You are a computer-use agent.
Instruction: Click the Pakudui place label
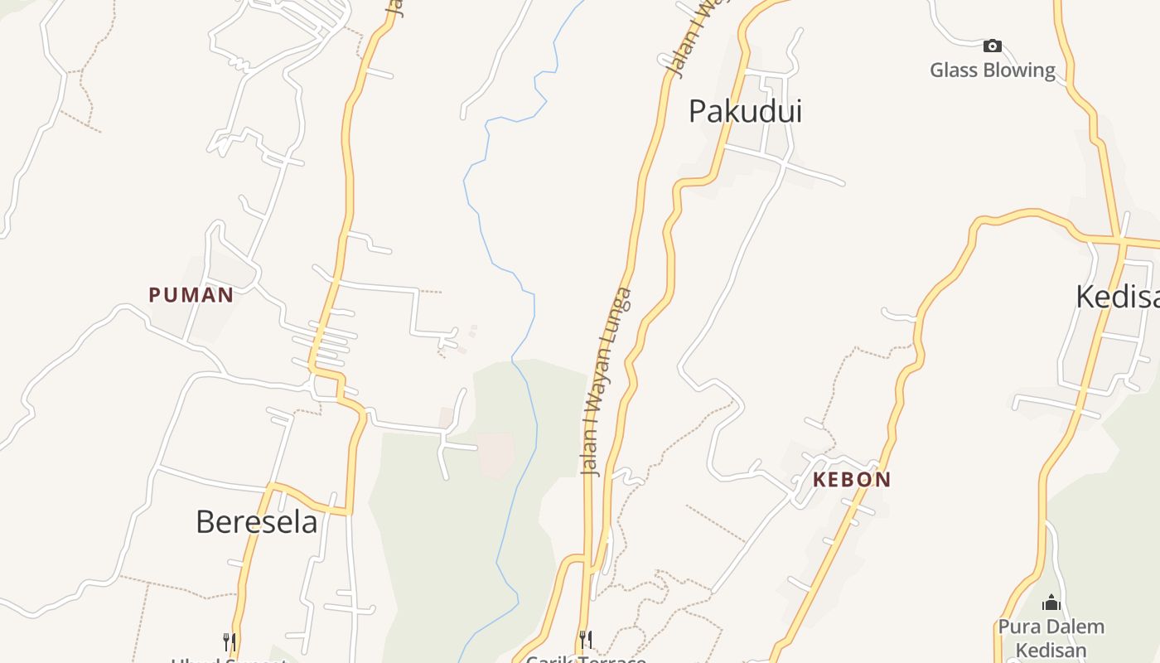click(x=745, y=111)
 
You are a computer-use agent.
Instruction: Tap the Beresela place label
click(x=256, y=522)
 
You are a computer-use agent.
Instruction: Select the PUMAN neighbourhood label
click(x=191, y=294)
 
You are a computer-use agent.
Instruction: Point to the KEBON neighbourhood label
click(x=852, y=479)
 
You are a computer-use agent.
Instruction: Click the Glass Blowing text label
click(x=993, y=70)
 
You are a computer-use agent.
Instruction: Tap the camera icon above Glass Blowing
click(x=992, y=46)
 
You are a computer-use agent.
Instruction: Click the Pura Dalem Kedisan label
click(x=1051, y=637)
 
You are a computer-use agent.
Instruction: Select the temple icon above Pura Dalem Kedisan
click(x=1051, y=603)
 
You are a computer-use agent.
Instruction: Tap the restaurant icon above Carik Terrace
click(x=586, y=638)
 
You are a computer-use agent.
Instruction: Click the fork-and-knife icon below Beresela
click(x=230, y=641)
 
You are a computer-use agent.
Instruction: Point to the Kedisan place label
click(x=1117, y=296)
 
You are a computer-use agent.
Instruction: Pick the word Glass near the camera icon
click(x=951, y=70)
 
